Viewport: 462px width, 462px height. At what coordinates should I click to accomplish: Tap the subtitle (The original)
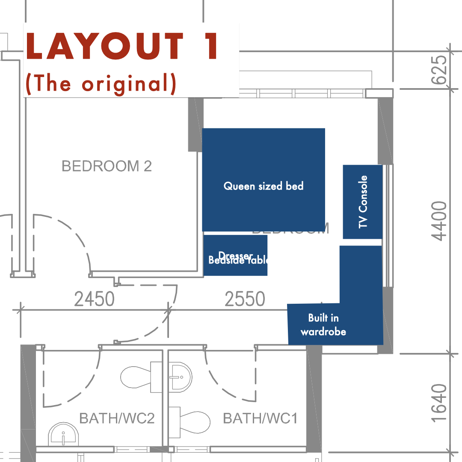(x=101, y=83)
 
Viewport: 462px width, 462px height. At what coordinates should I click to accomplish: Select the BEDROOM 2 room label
(x=107, y=166)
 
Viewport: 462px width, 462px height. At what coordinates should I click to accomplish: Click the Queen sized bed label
(x=264, y=186)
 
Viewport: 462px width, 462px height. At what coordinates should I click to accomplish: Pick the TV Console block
(x=363, y=201)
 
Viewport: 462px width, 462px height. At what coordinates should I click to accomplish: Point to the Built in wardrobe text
(x=323, y=325)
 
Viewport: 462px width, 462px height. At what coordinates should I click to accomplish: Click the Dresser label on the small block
(x=235, y=256)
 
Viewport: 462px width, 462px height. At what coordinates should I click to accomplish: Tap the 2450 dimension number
(x=95, y=299)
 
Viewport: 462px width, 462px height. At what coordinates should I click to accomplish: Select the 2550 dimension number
(x=245, y=299)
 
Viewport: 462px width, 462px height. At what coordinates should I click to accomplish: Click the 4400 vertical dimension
(x=439, y=221)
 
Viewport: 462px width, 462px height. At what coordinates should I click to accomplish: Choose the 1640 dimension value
(x=439, y=403)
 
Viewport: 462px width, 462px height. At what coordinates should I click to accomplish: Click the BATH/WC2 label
(x=117, y=418)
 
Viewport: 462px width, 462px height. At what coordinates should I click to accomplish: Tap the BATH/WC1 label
(x=260, y=418)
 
